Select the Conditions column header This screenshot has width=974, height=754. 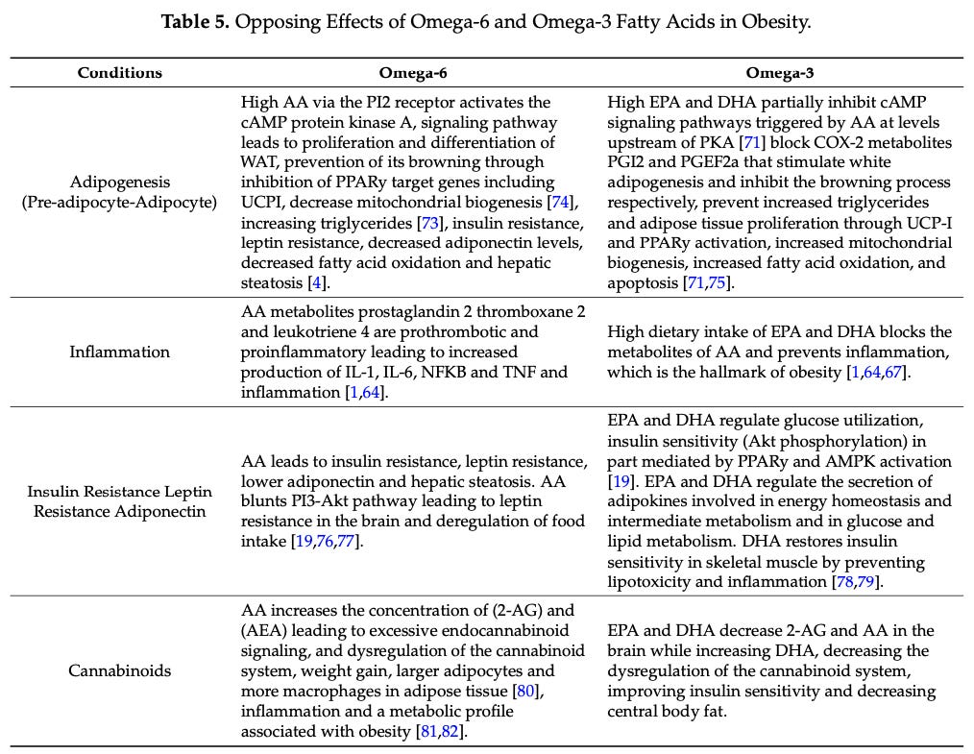click(120, 73)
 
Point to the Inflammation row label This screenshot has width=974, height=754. click(120, 352)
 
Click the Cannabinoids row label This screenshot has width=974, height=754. click(120, 670)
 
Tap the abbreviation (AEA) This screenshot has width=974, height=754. click(266, 630)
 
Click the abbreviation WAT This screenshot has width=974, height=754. click(260, 161)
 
